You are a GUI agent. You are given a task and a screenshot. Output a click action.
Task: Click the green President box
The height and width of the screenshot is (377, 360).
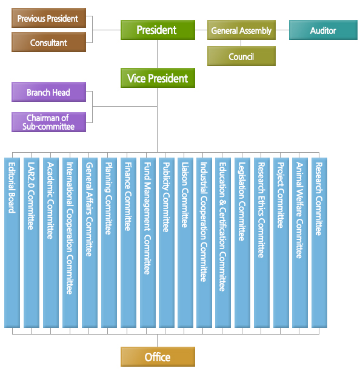tap(158, 30)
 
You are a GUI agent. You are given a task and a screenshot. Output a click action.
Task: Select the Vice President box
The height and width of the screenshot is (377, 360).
tap(158, 78)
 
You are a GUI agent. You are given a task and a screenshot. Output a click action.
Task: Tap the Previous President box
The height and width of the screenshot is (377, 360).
tap(49, 18)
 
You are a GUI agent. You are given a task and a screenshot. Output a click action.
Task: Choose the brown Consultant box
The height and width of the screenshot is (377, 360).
tap(49, 42)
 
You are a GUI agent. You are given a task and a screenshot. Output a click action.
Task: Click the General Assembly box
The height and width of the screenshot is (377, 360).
tap(241, 30)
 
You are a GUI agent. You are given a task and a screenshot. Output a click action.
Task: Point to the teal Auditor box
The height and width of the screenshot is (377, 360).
tap(323, 30)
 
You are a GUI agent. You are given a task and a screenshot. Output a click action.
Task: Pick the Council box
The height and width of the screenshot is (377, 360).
tap(241, 56)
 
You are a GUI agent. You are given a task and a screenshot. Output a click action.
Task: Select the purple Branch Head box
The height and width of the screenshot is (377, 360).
tap(49, 92)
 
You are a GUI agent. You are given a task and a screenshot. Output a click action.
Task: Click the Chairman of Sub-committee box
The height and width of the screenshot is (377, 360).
tap(49, 122)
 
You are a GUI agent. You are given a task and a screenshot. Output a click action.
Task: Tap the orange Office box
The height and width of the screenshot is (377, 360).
tap(158, 357)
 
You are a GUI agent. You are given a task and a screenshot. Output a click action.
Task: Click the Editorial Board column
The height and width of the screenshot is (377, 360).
tap(12, 242)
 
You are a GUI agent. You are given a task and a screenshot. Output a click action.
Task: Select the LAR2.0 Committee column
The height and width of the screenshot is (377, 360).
tap(32, 242)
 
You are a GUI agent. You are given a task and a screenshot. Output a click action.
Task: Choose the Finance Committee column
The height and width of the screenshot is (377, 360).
tap(128, 242)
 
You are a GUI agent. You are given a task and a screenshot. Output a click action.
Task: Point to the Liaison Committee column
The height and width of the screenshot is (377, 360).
tap(185, 242)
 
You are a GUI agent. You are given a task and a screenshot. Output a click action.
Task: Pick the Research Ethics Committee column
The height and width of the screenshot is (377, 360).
tap(262, 242)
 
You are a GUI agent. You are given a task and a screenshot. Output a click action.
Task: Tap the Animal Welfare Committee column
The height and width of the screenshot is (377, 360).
tap(300, 242)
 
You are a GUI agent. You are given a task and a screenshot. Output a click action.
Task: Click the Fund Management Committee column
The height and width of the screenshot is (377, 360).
tap(148, 242)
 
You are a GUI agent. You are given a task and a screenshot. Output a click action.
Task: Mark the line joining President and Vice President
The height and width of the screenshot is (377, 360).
tap(158, 54)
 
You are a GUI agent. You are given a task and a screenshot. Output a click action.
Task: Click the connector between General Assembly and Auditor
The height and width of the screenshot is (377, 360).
tap(282, 30)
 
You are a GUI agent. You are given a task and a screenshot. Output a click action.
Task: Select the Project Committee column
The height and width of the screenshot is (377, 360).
tap(281, 242)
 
